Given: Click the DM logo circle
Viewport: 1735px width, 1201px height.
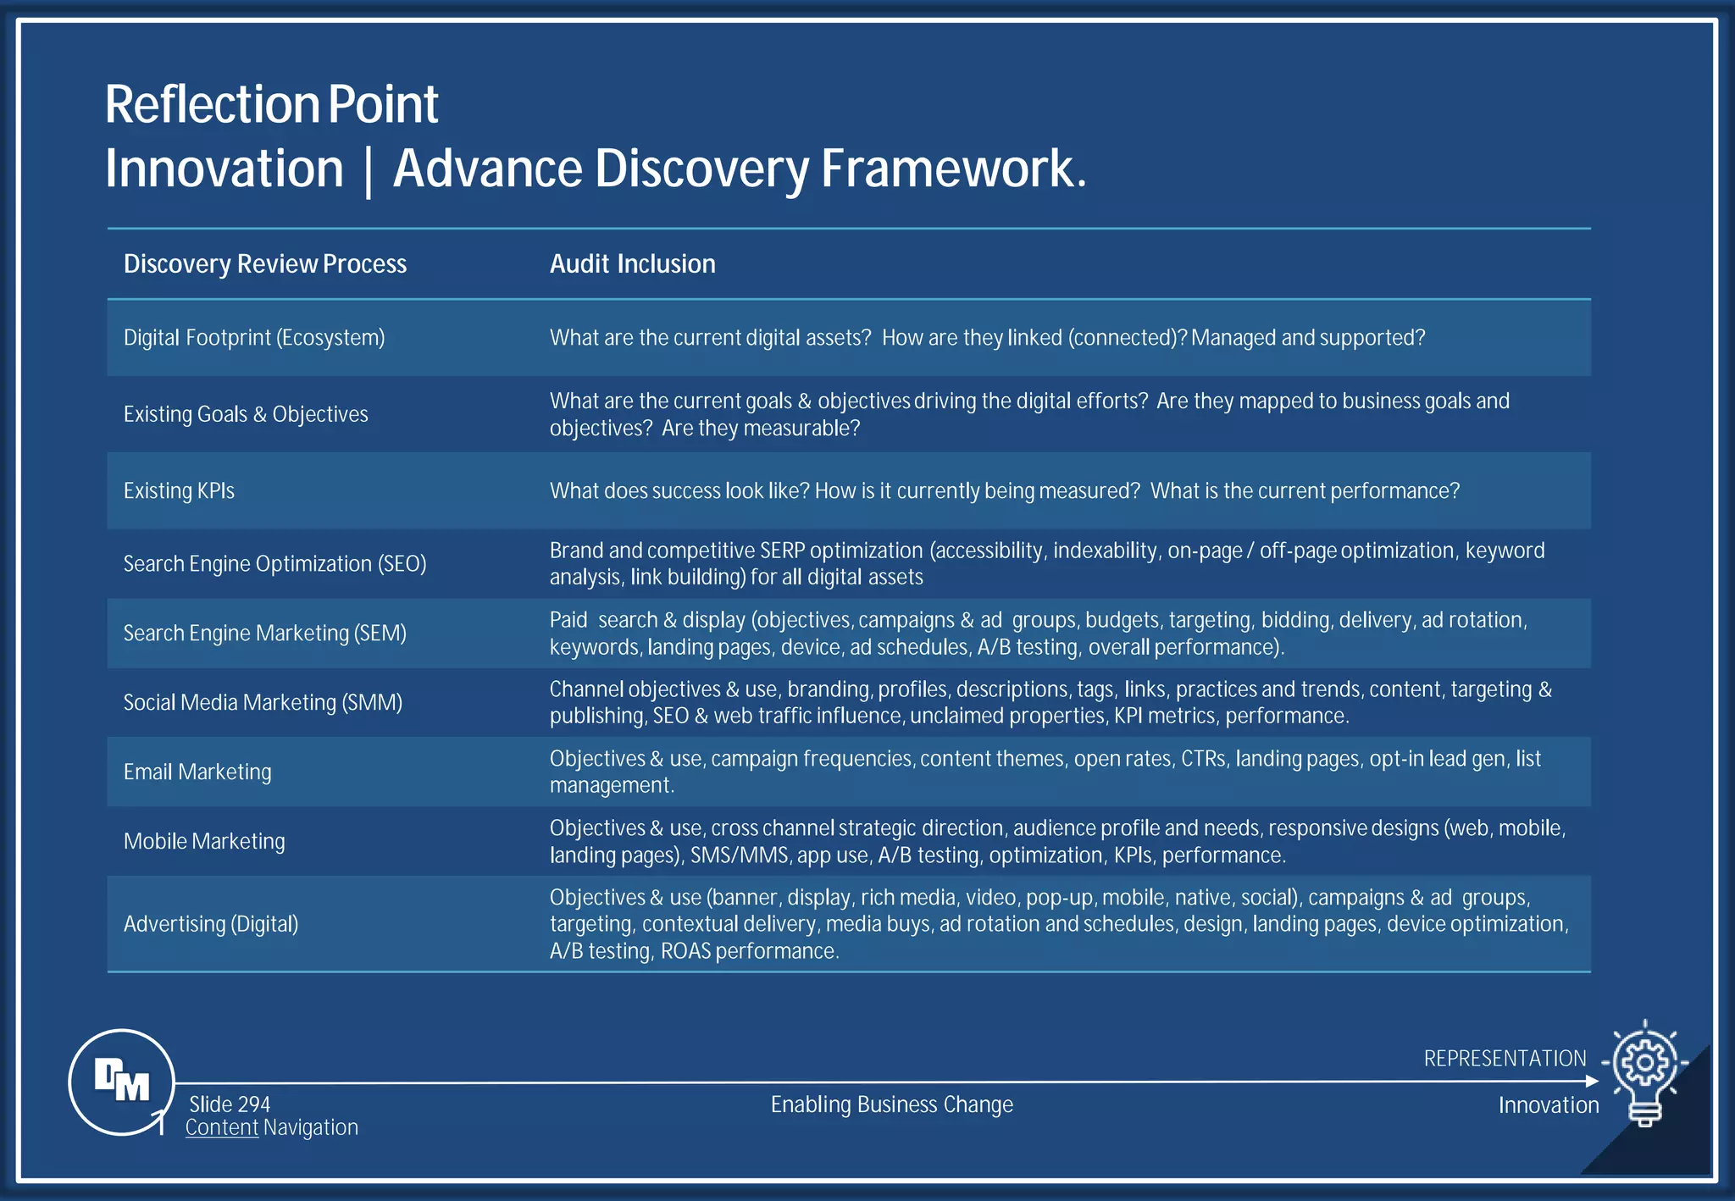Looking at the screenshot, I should tap(121, 1082).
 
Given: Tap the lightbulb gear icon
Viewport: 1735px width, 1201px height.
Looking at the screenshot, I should tap(1644, 1069).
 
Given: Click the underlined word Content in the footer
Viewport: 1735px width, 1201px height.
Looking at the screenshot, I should tap(222, 1127).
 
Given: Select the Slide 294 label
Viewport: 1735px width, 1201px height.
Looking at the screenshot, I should tap(230, 1104).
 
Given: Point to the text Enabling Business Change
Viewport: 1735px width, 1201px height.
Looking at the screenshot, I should tap(891, 1104).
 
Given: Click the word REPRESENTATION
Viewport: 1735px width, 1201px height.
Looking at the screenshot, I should tap(1505, 1059).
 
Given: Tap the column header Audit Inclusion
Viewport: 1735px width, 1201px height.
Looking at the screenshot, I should tap(632, 264).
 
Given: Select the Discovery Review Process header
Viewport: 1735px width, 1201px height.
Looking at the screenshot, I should tap(265, 264).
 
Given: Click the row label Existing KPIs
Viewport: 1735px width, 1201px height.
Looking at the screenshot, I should tap(179, 491).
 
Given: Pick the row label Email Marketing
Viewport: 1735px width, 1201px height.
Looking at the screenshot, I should tap(197, 772).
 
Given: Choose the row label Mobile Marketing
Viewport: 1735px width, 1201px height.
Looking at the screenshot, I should tap(204, 841).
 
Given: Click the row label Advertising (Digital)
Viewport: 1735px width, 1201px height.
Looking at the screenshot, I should tap(211, 924).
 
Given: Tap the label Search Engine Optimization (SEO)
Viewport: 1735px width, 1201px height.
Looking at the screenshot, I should tap(274, 564).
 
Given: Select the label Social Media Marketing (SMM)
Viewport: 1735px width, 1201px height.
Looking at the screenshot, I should tap(263, 702).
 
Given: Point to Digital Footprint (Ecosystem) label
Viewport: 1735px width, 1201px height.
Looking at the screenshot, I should tap(254, 338).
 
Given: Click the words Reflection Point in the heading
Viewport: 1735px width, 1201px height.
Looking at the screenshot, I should tap(271, 104).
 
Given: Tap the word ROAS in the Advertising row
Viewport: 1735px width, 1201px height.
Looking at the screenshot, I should tap(685, 951).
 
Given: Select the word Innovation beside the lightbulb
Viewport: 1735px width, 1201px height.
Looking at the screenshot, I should tap(1548, 1105).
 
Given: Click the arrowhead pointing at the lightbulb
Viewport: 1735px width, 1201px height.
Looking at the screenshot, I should tap(1592, 1081).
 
